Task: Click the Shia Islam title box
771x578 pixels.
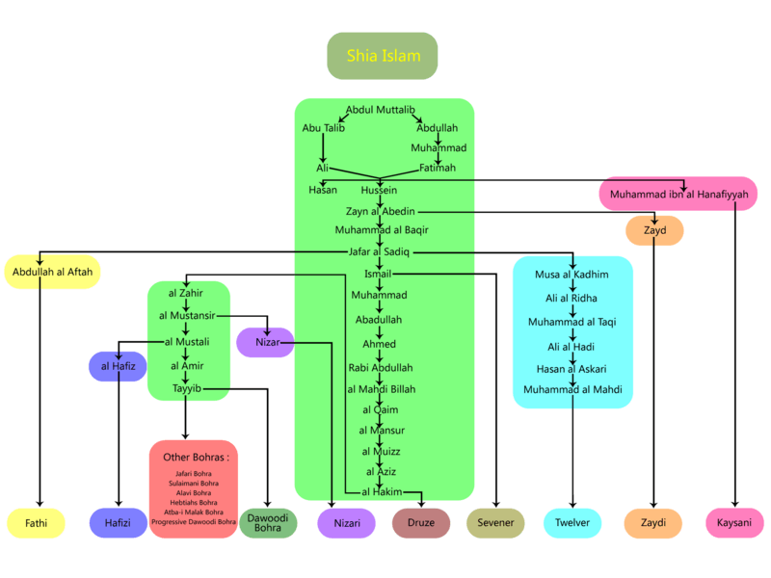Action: tap(383, 56)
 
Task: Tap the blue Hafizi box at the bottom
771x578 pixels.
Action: tap(118, 523)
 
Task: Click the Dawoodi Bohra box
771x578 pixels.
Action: tap(268, 523)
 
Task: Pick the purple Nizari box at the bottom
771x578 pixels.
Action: tap(346, 523)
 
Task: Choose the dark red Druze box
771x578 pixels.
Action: tap(421, 523)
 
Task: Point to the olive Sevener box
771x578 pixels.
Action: tap(495, 523)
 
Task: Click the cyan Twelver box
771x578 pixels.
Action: tap(572, 523)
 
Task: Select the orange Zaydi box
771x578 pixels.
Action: tap(653, 523)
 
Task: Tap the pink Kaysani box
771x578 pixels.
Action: tap(735, 523)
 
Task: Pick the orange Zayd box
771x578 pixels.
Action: tap(654, 231)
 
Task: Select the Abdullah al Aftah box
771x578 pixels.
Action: tap(53, 272)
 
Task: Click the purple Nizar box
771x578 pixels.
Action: tap(265, 342)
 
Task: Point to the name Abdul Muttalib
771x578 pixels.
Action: tap(384, 110)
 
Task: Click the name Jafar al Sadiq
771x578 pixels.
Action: tap(379, 251)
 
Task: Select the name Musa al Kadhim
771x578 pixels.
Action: tap(572, 275)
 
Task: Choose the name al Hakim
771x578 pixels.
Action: tap(381, 492)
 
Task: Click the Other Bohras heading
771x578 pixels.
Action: tap(200, 457)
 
